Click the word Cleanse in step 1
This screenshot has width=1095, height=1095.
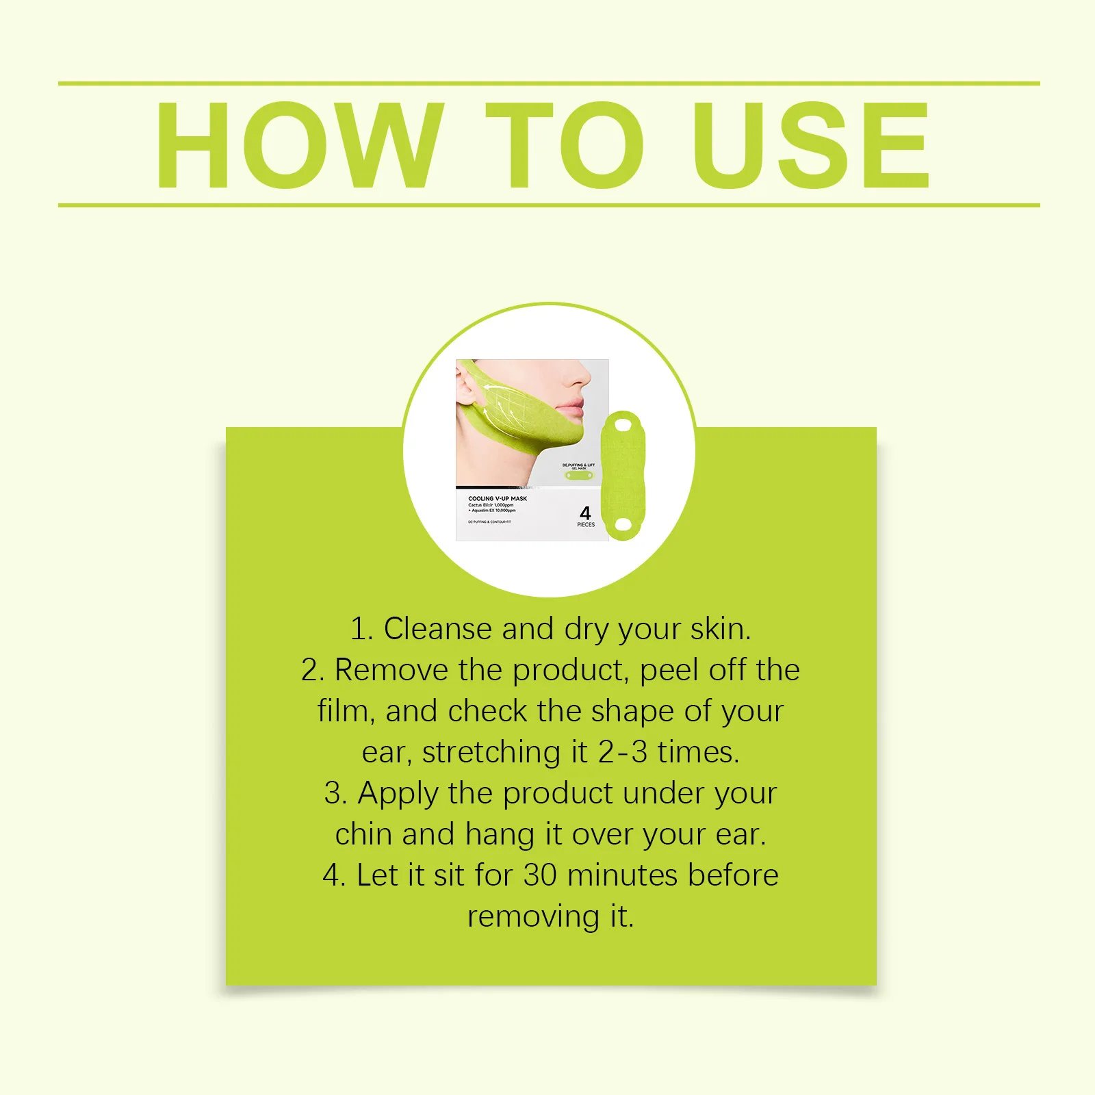[437, 629]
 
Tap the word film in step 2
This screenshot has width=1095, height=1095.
[344, 711]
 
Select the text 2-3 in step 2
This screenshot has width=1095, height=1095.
[622, 752]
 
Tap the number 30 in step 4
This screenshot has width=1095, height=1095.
[540, 875]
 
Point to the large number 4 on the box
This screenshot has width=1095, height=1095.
[585, 513]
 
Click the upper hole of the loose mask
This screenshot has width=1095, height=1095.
[623, 425]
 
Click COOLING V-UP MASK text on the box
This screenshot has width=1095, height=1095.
[498, 498]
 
